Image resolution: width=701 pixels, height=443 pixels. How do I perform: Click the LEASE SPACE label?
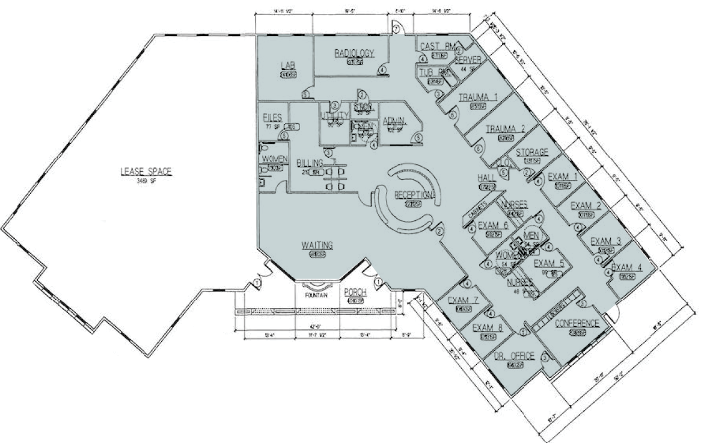pyautogui.click(x=146, y=172)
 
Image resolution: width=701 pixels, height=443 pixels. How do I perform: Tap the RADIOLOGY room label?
pyautogui.click(x=354, y=53)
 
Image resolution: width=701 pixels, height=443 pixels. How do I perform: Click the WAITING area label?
pyautogui.click(x=317, y=246)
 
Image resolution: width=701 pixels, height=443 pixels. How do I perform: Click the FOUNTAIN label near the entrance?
pyautogui.click(x=316, y=295)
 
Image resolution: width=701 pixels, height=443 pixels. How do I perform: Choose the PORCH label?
pyautogui.click(x=355, y=292)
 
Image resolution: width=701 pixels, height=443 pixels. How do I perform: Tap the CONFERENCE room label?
pyautogui.click(x=577, y=323)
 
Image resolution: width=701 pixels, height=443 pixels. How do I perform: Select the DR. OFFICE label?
pyautogui.click(x=514, y=356)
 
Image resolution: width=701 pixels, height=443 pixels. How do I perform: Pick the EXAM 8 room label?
pyautogui.click(x=488, y=328)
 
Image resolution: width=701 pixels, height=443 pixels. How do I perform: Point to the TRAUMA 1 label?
pyautogui.click(x=478, y=98)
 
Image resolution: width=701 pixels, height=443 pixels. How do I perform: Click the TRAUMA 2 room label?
pyautogui.click(x=506, y=129)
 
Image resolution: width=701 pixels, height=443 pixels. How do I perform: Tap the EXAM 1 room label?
pyautogui.click(x=562, y=177)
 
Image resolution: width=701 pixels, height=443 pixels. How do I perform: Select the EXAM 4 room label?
pyautogui.click(x=626, y=267)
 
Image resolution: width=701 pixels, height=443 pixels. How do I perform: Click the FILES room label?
pyautogui.click(x=273, y=118)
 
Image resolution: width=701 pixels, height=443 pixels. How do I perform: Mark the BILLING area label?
pyautogui.click(x=310, y=163)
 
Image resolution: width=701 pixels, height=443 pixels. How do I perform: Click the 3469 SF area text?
pyautogui.click(x=146, y=180)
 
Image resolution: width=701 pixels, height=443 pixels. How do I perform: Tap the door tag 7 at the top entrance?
pyautogui.click(x=396, y=29)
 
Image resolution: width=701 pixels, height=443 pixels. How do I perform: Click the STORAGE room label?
pyautogui.click(x=531, y=152)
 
